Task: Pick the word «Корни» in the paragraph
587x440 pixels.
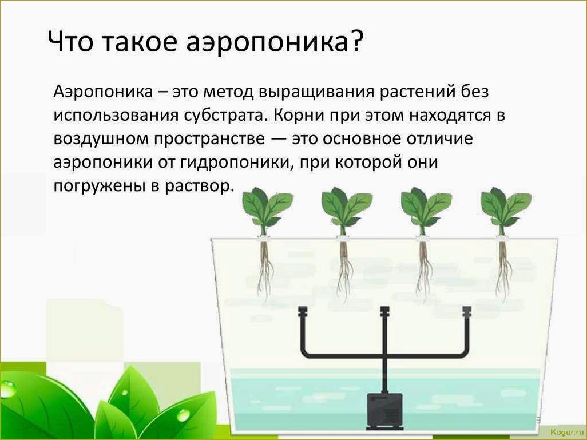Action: pos(299,116)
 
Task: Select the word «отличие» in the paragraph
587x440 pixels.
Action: pos(439,139)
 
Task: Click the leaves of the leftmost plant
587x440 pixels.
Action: pos(265,208)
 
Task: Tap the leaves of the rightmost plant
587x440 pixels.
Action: pos(505,208)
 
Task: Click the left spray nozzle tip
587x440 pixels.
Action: pos(303,310)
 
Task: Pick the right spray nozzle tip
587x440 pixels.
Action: pos(467,310)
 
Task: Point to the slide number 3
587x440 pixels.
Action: pos(538,420)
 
